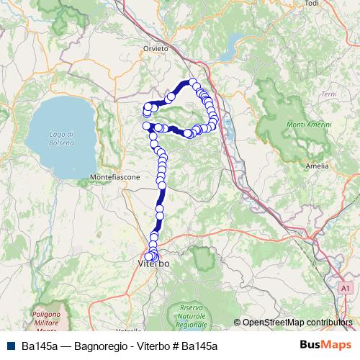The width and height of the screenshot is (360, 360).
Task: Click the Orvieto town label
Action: [155, 48]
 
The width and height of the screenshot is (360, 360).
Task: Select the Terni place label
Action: [329, 94]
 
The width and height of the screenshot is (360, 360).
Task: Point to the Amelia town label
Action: [317, 165]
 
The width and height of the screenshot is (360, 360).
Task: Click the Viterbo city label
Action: [153, 265]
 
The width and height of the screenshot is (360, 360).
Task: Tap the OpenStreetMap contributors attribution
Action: [297, 322]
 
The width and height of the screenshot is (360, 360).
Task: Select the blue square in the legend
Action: [11, 346]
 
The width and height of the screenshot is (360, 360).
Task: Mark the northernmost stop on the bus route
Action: [193, 81]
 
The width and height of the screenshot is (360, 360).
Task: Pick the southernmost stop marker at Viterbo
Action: [149, 257]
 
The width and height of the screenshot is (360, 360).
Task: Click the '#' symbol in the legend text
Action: [174, 346]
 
